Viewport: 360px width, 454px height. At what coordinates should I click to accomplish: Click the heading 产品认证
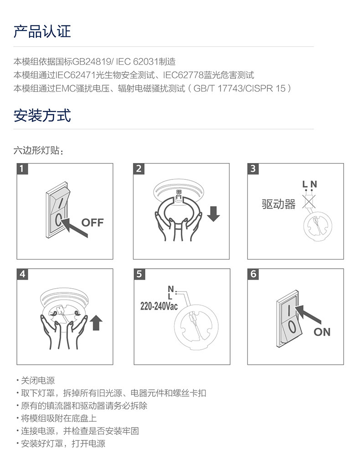coord(42,31)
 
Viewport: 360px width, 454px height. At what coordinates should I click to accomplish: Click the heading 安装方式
coord(42,115)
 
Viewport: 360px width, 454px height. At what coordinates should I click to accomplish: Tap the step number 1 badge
coord(22,168)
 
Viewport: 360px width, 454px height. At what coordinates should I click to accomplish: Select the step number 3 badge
coord(253,168)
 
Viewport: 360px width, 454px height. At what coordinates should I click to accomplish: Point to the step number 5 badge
coord(139,274)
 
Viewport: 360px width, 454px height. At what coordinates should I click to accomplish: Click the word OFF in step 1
coord(93,223)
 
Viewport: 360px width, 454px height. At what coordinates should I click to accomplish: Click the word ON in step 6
coord(322,332)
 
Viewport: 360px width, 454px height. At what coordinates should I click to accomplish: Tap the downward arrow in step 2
coord(214,214)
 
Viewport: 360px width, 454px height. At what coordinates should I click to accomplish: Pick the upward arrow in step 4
coord(97,323)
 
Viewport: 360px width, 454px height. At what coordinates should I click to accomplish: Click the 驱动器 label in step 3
coord(278,204)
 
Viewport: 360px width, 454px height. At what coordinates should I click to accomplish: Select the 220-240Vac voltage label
coord(159,306)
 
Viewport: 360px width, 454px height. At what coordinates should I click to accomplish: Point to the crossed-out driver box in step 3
coord(309,201)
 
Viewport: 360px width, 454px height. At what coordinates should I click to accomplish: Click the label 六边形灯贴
coord(36,151)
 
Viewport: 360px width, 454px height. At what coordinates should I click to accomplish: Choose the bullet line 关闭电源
coord(36,380)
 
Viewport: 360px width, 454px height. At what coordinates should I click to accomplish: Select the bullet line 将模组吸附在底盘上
coord(57,418)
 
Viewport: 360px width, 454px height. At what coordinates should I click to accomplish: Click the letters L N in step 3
coord(309,184)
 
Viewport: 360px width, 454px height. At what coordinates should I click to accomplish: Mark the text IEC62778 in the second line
coord(183,75)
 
